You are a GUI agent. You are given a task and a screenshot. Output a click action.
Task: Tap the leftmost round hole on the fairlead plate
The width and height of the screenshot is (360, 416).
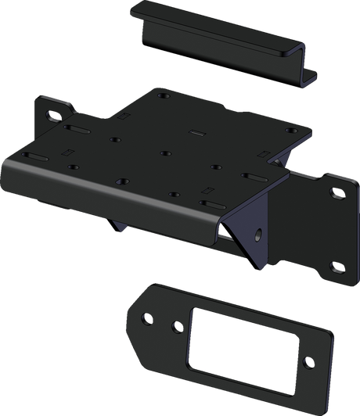[x=146, y=319]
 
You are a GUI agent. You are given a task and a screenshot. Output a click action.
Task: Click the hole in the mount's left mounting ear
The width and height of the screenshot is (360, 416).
[x=54, y=117]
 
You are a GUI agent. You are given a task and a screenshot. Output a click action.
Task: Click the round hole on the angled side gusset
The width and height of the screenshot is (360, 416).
[x=257, y=233]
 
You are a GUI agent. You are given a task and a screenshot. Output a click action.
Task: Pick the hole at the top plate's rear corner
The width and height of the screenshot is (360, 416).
[x=162, y=97]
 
